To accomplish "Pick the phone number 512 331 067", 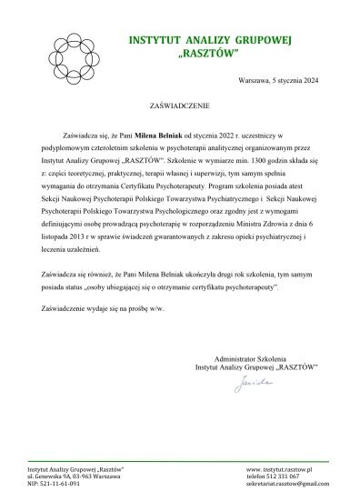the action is click(290, 476).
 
